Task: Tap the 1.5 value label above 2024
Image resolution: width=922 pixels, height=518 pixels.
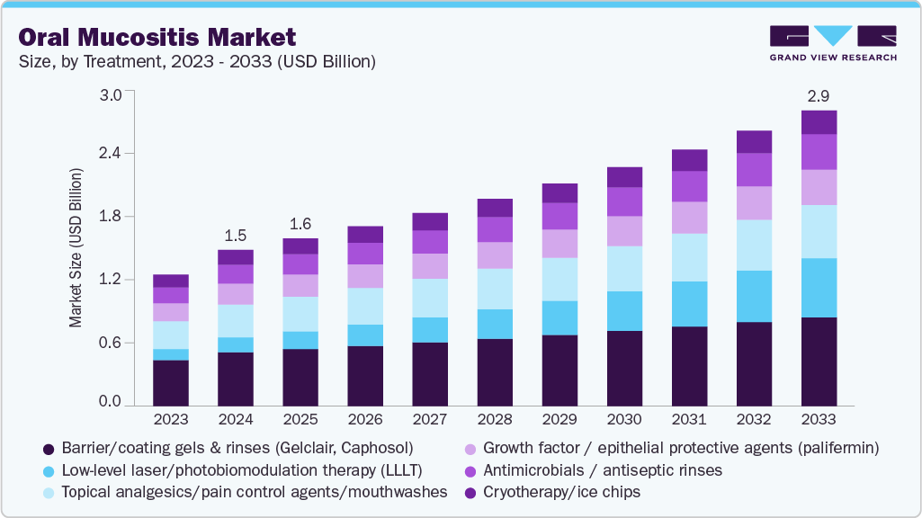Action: pos(236,235)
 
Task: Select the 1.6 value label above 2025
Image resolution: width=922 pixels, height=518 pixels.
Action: pos(300,223)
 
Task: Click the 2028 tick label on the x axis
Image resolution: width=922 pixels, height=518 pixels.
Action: pos(495,420)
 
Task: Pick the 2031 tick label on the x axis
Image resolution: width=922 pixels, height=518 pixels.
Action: pos(689,420)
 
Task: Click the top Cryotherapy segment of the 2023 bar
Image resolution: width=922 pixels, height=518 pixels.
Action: pos(171,281)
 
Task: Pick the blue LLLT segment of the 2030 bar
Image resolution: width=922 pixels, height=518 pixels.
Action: pos(624,311)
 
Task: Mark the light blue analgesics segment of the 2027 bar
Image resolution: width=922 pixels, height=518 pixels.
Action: pos(430,298)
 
